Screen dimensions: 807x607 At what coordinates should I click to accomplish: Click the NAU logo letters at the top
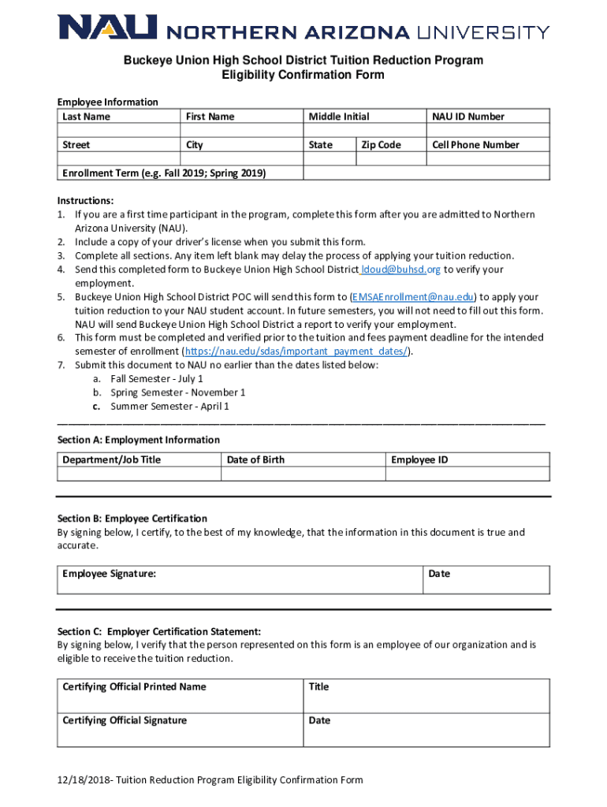pos(106,29)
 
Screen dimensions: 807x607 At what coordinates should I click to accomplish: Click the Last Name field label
pos(87,117)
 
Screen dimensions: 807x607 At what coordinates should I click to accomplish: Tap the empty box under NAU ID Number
pos(487,131)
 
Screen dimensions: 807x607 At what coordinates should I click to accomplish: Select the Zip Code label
pos(382,145)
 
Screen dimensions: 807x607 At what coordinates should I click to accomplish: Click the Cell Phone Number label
pos(475,145)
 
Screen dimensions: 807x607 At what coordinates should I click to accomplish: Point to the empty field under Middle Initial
pos(364,131)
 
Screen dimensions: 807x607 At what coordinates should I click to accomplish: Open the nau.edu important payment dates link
pos(296,351)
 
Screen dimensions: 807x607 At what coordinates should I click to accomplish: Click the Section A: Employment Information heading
pos(139,440)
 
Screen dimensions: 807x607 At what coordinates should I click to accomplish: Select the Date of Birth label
pos(255,459)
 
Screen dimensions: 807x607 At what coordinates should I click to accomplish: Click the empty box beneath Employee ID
pos(468,474)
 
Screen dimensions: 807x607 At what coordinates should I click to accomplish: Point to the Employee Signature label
pos(109,574)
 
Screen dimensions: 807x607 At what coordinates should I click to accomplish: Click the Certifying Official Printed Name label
pos(134,686)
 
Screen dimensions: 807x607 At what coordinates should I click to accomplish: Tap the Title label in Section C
pos(318,686)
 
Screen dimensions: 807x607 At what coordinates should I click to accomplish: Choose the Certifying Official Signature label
pos(125,720)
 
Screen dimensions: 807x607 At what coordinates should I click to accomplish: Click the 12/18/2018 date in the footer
pos(82,780)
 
